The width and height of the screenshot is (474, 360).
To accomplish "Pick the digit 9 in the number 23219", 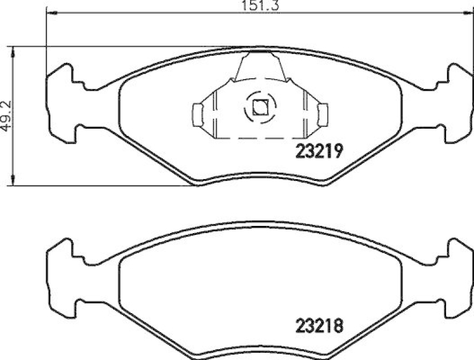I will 338,152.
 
